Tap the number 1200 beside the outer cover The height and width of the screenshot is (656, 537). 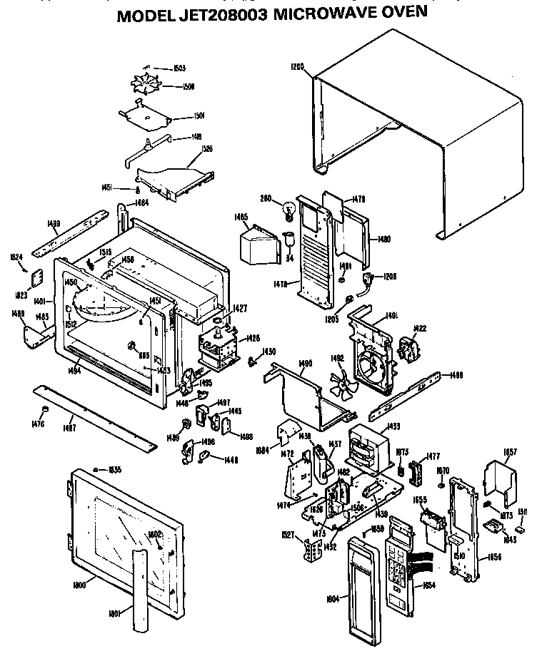pos(297,67)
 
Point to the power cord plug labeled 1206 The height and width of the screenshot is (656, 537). pos(369,279)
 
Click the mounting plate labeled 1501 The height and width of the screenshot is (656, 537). pos(145,114)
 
